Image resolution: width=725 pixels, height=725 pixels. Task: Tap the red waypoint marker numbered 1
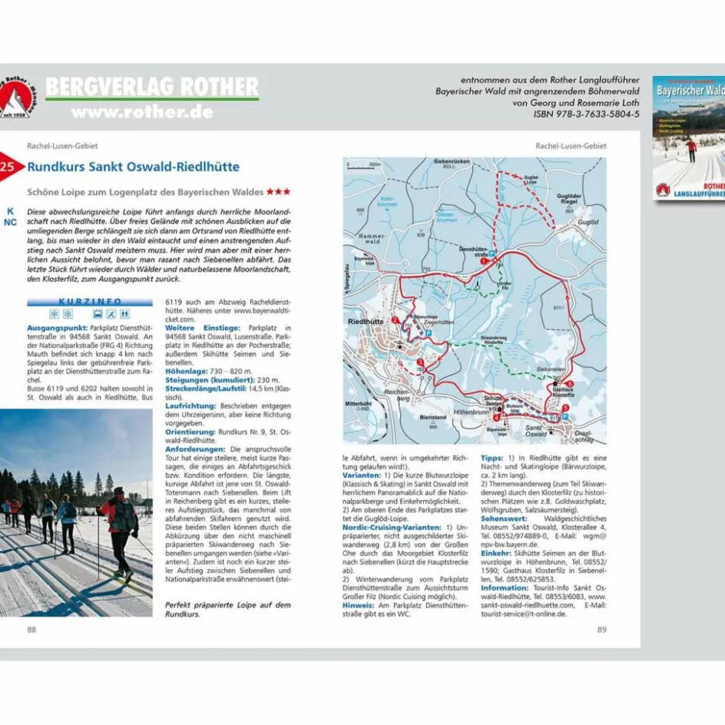tap(484, 261)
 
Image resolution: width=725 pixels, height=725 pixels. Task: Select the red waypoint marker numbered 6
tap(570, 383)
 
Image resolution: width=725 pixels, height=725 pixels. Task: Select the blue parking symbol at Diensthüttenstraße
tap(492, 253)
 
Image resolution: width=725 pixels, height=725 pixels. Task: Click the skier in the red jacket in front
tap(119, 522)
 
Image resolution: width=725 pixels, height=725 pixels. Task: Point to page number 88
tap(31, 630)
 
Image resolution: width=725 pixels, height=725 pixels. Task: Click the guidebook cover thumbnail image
tap(688, 138)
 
